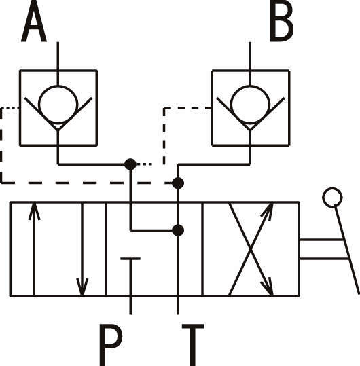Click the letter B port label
click(282, 21)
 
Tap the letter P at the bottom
click(111, 345)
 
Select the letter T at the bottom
click(193, 345)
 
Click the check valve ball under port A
click(58, 105)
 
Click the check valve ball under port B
click(250, 105)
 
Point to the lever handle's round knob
click(332, 198)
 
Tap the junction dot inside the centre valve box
click(178, 230)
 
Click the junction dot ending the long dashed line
click(178, 183)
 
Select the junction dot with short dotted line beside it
click(130, 164)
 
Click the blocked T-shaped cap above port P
click(130, 259)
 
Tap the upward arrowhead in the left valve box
click(35, 211)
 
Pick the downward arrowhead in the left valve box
click(82, 287)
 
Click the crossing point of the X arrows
click(251, 249)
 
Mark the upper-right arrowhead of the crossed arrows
click(268, 211)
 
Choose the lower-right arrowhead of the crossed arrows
click(268, 287)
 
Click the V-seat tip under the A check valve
click(58, 130)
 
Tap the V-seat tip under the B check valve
click(250, 130)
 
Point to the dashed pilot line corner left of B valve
click(164, 108)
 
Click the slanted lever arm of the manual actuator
click(347, 249)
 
